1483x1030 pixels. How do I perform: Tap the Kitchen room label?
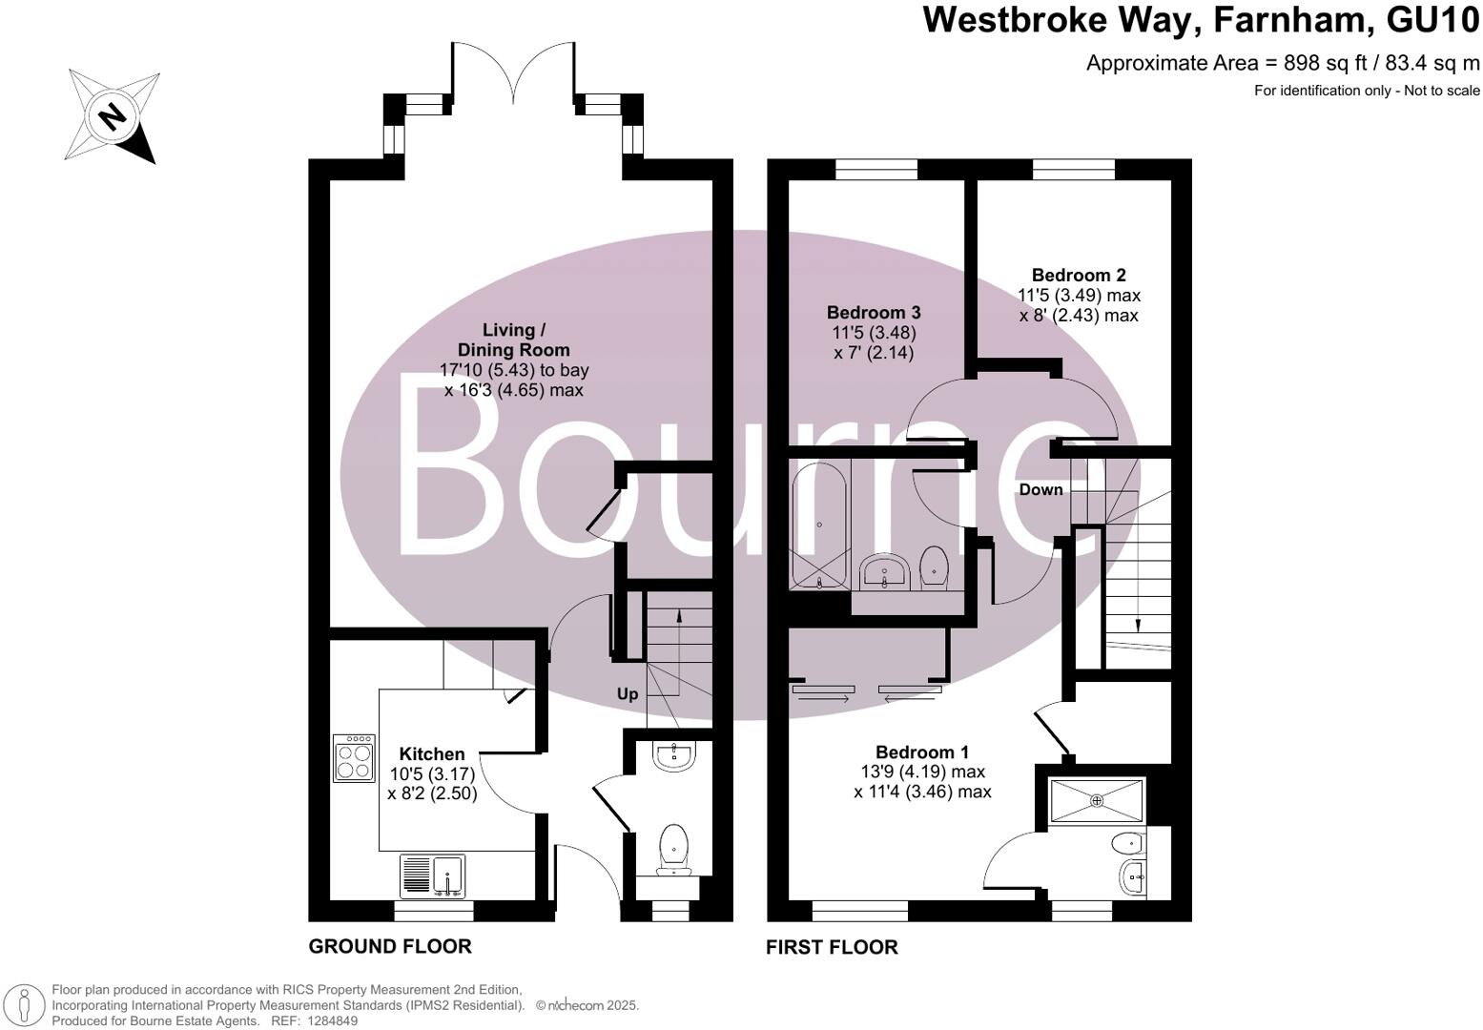(432, 754)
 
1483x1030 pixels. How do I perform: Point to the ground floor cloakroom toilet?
(674, 848)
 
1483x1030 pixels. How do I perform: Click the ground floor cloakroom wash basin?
(676, 756)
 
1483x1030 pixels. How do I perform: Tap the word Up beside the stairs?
(627, 694)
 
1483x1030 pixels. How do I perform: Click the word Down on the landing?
(1040, 490)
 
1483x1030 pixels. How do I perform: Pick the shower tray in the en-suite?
(1096, 799)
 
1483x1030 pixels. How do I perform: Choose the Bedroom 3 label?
(874, 313)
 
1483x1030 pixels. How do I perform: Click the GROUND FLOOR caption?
(390, 946)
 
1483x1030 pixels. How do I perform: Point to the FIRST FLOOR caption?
(832, 947)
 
